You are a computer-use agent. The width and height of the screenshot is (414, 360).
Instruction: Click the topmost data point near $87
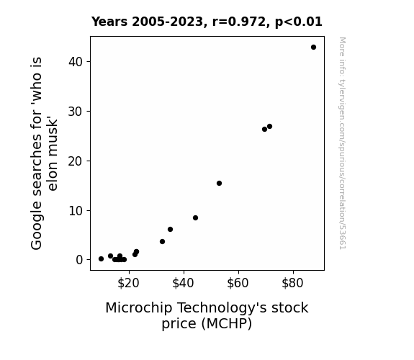pyautogui.click(x=313, y=48)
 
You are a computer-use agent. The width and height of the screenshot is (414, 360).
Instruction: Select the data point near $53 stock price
pyautogui.click(x=219, y=184)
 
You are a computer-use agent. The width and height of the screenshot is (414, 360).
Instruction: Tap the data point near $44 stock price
pyautogui.click(x=195, y=218)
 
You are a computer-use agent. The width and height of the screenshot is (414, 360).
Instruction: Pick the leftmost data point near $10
pyautogui.click(x=101, y=259)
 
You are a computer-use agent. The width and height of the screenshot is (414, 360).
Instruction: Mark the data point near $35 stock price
pyautogui.click(x=171, y=229)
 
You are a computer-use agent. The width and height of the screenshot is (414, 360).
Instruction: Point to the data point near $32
pyautogui.click(x=163, y=242)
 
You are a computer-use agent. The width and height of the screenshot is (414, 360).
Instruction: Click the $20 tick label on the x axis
pyautogui.click(x=128, y=283)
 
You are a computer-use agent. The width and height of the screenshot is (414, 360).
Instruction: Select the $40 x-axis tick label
pyautogui.click(x=183, y=283)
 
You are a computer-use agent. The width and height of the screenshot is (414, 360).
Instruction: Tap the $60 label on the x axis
pyautogui.click(x=238, y=283)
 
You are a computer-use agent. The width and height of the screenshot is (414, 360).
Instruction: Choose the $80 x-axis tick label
pyautogui.click(x=292, y=283)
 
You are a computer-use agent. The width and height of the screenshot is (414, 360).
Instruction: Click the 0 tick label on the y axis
pyautogui.click(x=79, y=260)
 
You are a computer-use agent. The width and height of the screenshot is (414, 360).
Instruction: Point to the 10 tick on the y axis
pyautogui.click(x=76, y=210)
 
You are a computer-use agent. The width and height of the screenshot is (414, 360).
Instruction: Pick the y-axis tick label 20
pyautogui.click(x=76, y=161)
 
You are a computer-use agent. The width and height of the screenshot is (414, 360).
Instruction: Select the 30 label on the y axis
pyautogui.click(x=76, y=112)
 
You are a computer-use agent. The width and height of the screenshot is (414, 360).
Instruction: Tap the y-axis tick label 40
pyautogui.click(x=76, y=62)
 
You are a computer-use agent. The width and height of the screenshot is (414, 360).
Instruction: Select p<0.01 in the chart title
pyautogui.click(x=299, y=22)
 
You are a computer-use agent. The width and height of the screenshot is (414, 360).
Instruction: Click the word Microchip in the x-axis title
pyautogui.click(x=139, y=308)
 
